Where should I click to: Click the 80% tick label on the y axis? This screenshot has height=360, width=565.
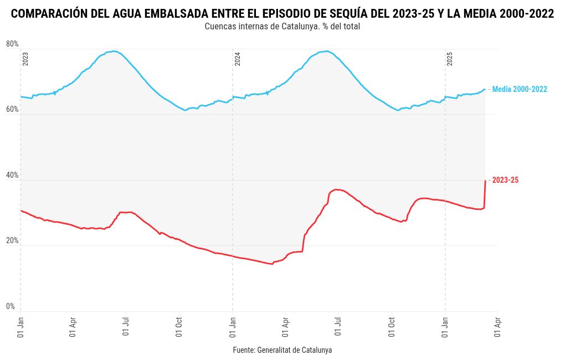(x=12, y=44)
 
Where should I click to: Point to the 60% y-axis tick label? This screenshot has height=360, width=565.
(x=12, y=110)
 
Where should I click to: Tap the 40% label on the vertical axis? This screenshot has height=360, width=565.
(x=12, y=176)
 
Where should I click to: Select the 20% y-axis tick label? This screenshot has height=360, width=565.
(x=12, y=241)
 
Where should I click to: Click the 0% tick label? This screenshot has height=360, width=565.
(x=11, y=307)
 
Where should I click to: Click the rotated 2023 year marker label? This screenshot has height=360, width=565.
(x=25, y=59)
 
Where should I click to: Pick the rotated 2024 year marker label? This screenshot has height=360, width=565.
(x=238, y=59)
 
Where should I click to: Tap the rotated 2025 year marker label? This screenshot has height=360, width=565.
(x=450, y=59)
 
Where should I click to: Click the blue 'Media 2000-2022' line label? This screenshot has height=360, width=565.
(x=520, y=89)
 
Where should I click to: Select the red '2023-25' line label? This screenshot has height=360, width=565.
(x=505, y=180)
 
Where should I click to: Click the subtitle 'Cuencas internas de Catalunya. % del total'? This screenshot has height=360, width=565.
(x=282, y=27)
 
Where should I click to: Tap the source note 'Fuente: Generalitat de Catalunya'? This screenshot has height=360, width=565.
(x=282, y=351)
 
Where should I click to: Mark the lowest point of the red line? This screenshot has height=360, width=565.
(x=272, y=264)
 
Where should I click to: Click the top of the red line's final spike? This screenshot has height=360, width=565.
(x=485, y=181)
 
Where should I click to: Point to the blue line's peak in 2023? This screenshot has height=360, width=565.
(x=114, y=51)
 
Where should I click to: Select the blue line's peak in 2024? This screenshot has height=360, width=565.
(x=327, y=51)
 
